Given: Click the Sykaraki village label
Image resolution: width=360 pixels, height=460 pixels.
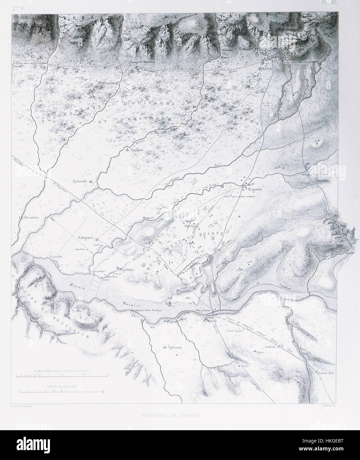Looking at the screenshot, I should coord(79,181).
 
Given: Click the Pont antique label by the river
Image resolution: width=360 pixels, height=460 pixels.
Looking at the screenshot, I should coord(203,310).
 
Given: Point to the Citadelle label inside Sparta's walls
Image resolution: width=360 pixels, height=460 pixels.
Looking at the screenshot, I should coord(191,270).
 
